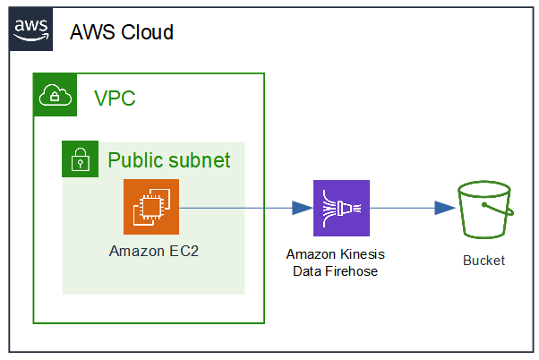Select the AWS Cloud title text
122,33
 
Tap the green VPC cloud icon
54,96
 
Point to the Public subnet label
169,160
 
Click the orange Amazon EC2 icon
151,207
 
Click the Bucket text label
483,261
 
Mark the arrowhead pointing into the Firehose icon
303,208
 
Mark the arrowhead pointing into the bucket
445,208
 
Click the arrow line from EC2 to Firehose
237,208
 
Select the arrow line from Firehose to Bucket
403,208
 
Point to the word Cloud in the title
146,33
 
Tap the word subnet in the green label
198,160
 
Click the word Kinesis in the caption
362,255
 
